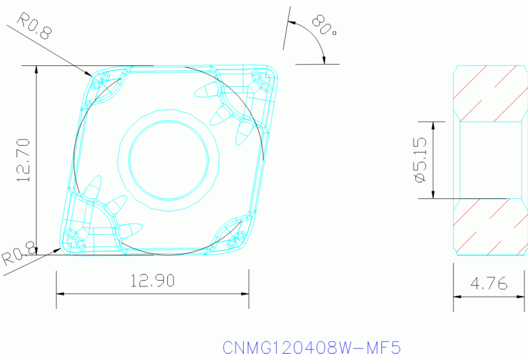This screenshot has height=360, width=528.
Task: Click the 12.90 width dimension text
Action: (x=152, y=280)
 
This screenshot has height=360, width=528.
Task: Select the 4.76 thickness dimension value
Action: (x=489, y=283)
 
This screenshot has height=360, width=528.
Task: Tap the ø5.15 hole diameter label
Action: (x=420, y=159)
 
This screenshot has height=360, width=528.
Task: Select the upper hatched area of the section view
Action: (x=489, y=94)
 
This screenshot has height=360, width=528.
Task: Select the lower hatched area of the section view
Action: (x=489, y=226)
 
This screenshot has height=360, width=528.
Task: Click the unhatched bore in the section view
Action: (x=489, y=160)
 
